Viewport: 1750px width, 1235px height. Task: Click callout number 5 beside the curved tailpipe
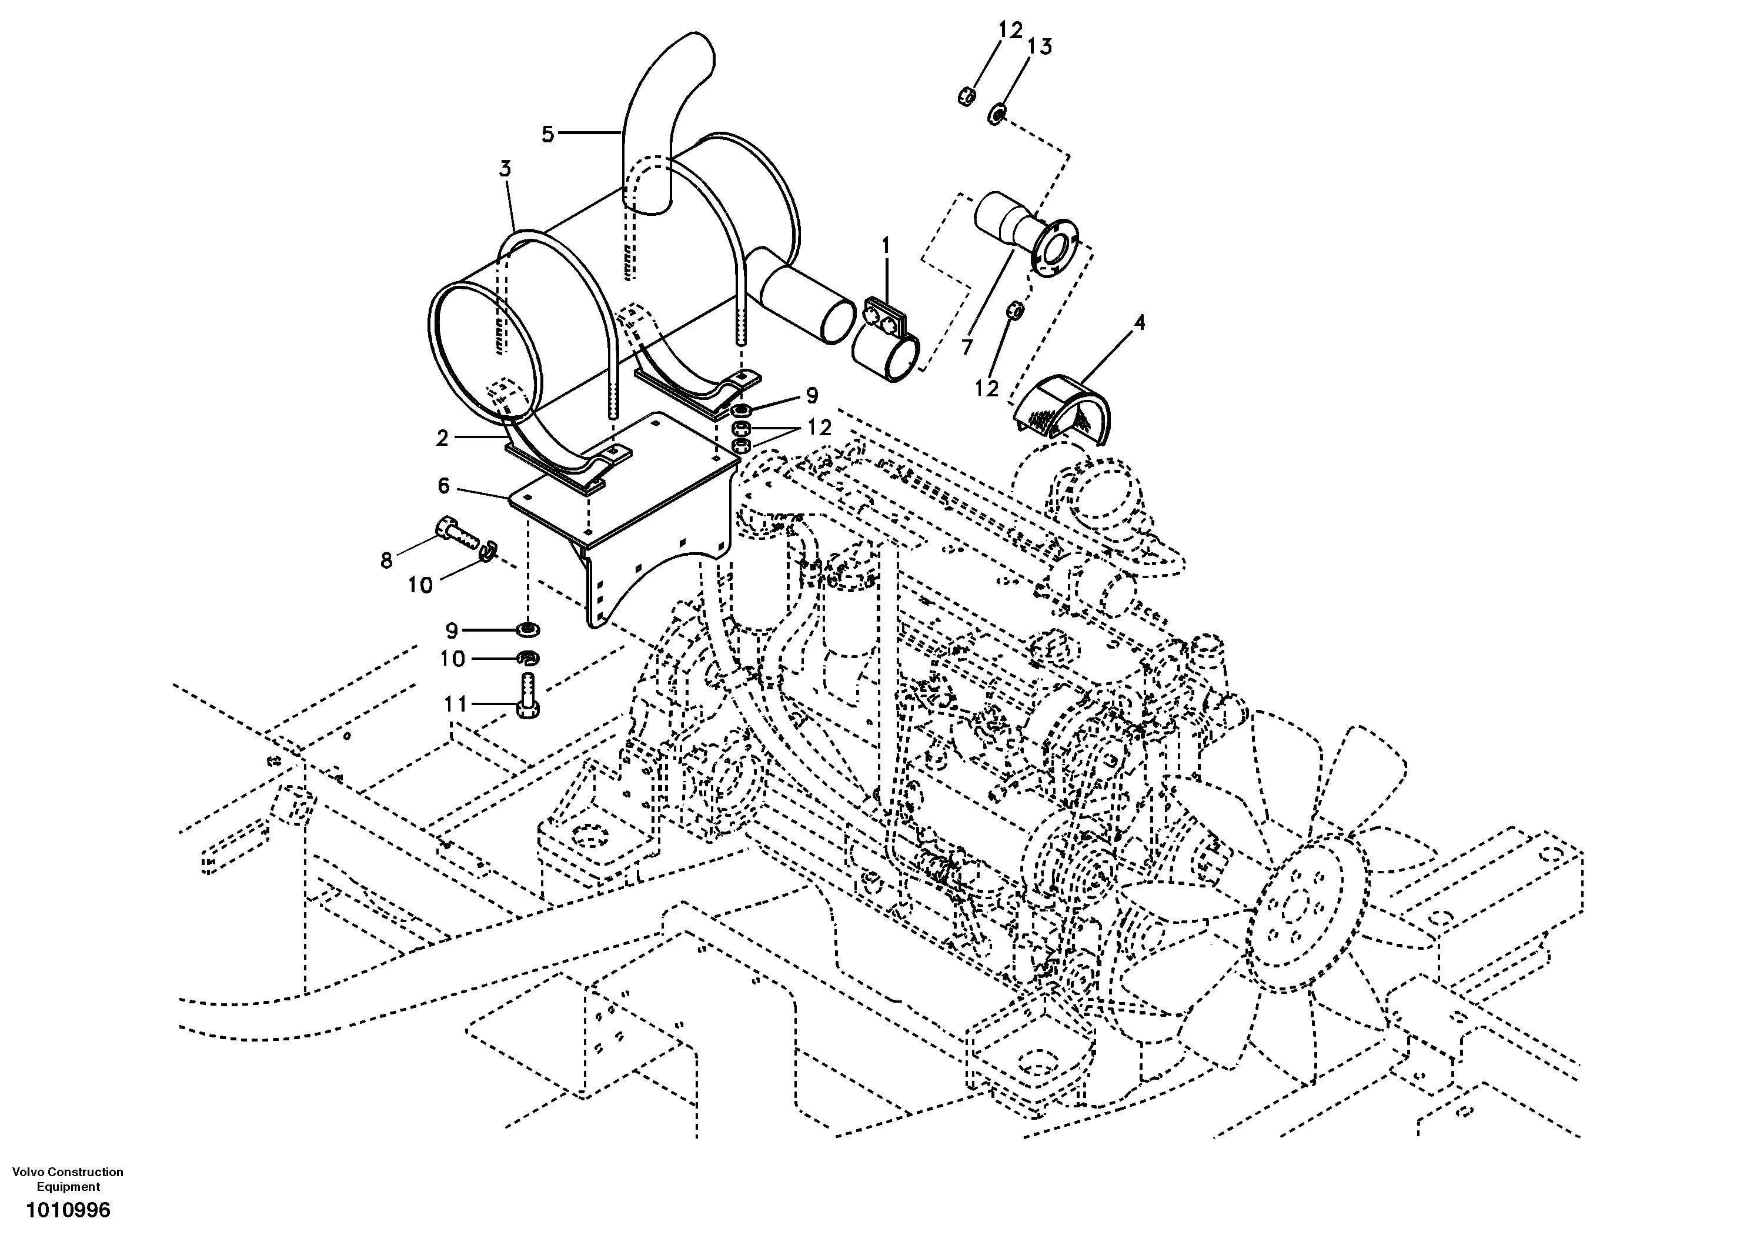tap(547, 134)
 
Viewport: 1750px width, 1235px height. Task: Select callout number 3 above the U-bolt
tap(505, 168)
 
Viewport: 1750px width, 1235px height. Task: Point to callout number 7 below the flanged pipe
tap(967, 347)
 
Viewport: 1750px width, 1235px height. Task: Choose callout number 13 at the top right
tap(1040, 47)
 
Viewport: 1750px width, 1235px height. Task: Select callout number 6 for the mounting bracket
tap(443, 486)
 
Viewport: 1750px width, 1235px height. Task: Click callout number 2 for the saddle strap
tap(442, 438)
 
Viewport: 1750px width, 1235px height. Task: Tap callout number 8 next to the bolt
tap(386, 560)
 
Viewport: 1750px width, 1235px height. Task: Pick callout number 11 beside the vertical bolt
tap(455, 703)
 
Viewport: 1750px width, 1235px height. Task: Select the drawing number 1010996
tap(69, 1210)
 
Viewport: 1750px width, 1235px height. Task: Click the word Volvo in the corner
tap(28, 1171)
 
